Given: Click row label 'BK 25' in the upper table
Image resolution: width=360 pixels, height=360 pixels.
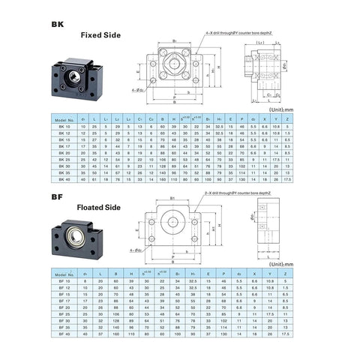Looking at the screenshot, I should coord(65,160).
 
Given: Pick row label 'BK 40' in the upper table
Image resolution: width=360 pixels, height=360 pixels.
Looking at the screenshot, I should coord(65,180).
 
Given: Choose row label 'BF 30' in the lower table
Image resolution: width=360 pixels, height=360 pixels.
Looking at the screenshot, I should coord(65,327).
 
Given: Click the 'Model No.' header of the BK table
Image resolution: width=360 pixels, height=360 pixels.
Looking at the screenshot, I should coord(65,120).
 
